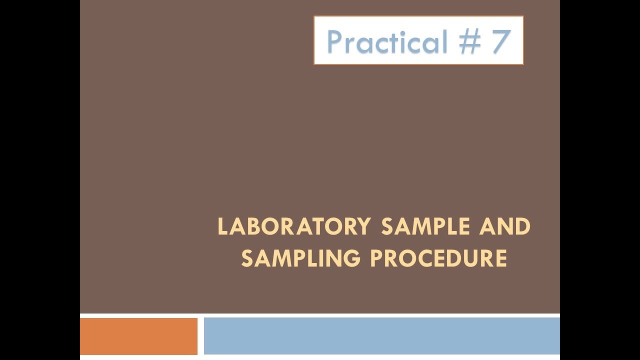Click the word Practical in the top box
coord(387,41)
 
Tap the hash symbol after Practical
coord(468,41)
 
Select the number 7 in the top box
coord(500,41)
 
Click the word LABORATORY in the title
coord(294,227)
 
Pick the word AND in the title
coord(505,227)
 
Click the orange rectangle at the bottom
coord(138,336)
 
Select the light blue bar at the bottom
coord(381,336)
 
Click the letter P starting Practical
coord(336,41)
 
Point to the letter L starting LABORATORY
coord(222,227)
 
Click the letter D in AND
coord(522,227)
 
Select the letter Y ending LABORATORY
coord(364,227)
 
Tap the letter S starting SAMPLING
coord(246,259)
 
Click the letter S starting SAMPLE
coord(387,227)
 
